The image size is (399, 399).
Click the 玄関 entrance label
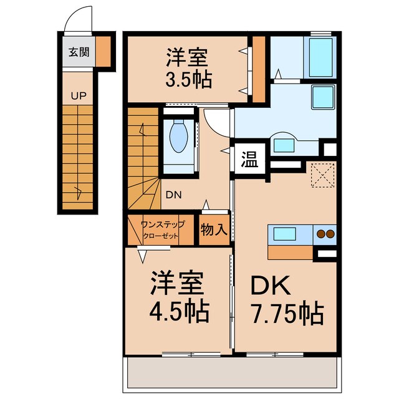click(77, 52)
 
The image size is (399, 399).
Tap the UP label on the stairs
click(79, 97)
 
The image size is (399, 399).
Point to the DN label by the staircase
click(174, 194)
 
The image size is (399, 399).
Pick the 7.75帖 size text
click(287, 312)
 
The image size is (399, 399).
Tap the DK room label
click(271, 285)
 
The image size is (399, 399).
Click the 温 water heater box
click(250, 157)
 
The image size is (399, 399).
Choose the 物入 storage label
click(214, 229)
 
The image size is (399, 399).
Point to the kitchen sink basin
click(283, 235)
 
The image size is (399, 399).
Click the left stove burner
click(321, 235)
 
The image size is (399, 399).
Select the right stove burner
click(330, 235)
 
